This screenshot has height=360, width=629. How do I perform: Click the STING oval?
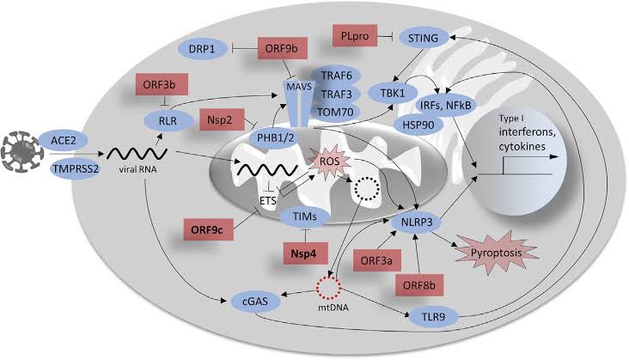point(427,37)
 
